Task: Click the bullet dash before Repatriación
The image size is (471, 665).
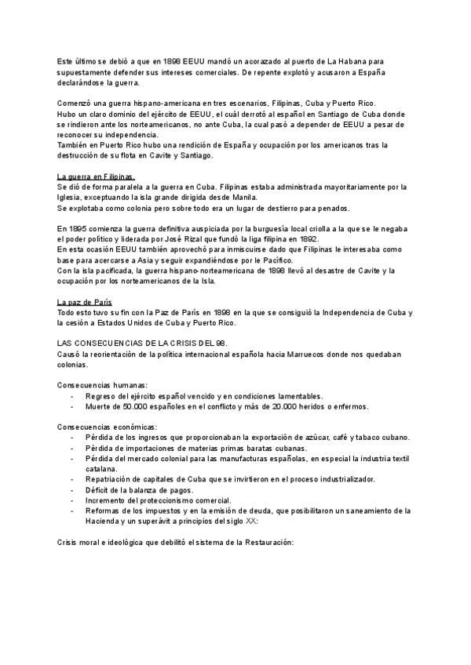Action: pos(72,478)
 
